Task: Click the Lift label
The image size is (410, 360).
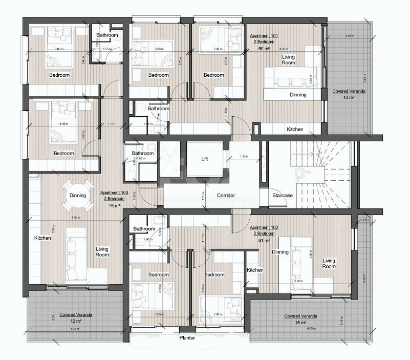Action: pos(204,159)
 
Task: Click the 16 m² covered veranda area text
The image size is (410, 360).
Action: pos(300,323)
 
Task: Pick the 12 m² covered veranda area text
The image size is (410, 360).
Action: pos(72,321)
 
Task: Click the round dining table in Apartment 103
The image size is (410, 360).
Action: pos(78,196)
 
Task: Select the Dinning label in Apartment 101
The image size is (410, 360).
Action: pos(298,94)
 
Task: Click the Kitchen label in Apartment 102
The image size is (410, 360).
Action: pos(255,270)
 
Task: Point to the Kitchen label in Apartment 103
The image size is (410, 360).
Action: pos(41,238)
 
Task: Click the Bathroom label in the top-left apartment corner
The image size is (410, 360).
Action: pos(107,35)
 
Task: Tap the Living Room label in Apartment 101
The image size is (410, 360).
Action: pos(288,60)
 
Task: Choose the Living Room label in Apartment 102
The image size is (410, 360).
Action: pos(329,263)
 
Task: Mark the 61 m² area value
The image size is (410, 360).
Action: pos(264,240)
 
